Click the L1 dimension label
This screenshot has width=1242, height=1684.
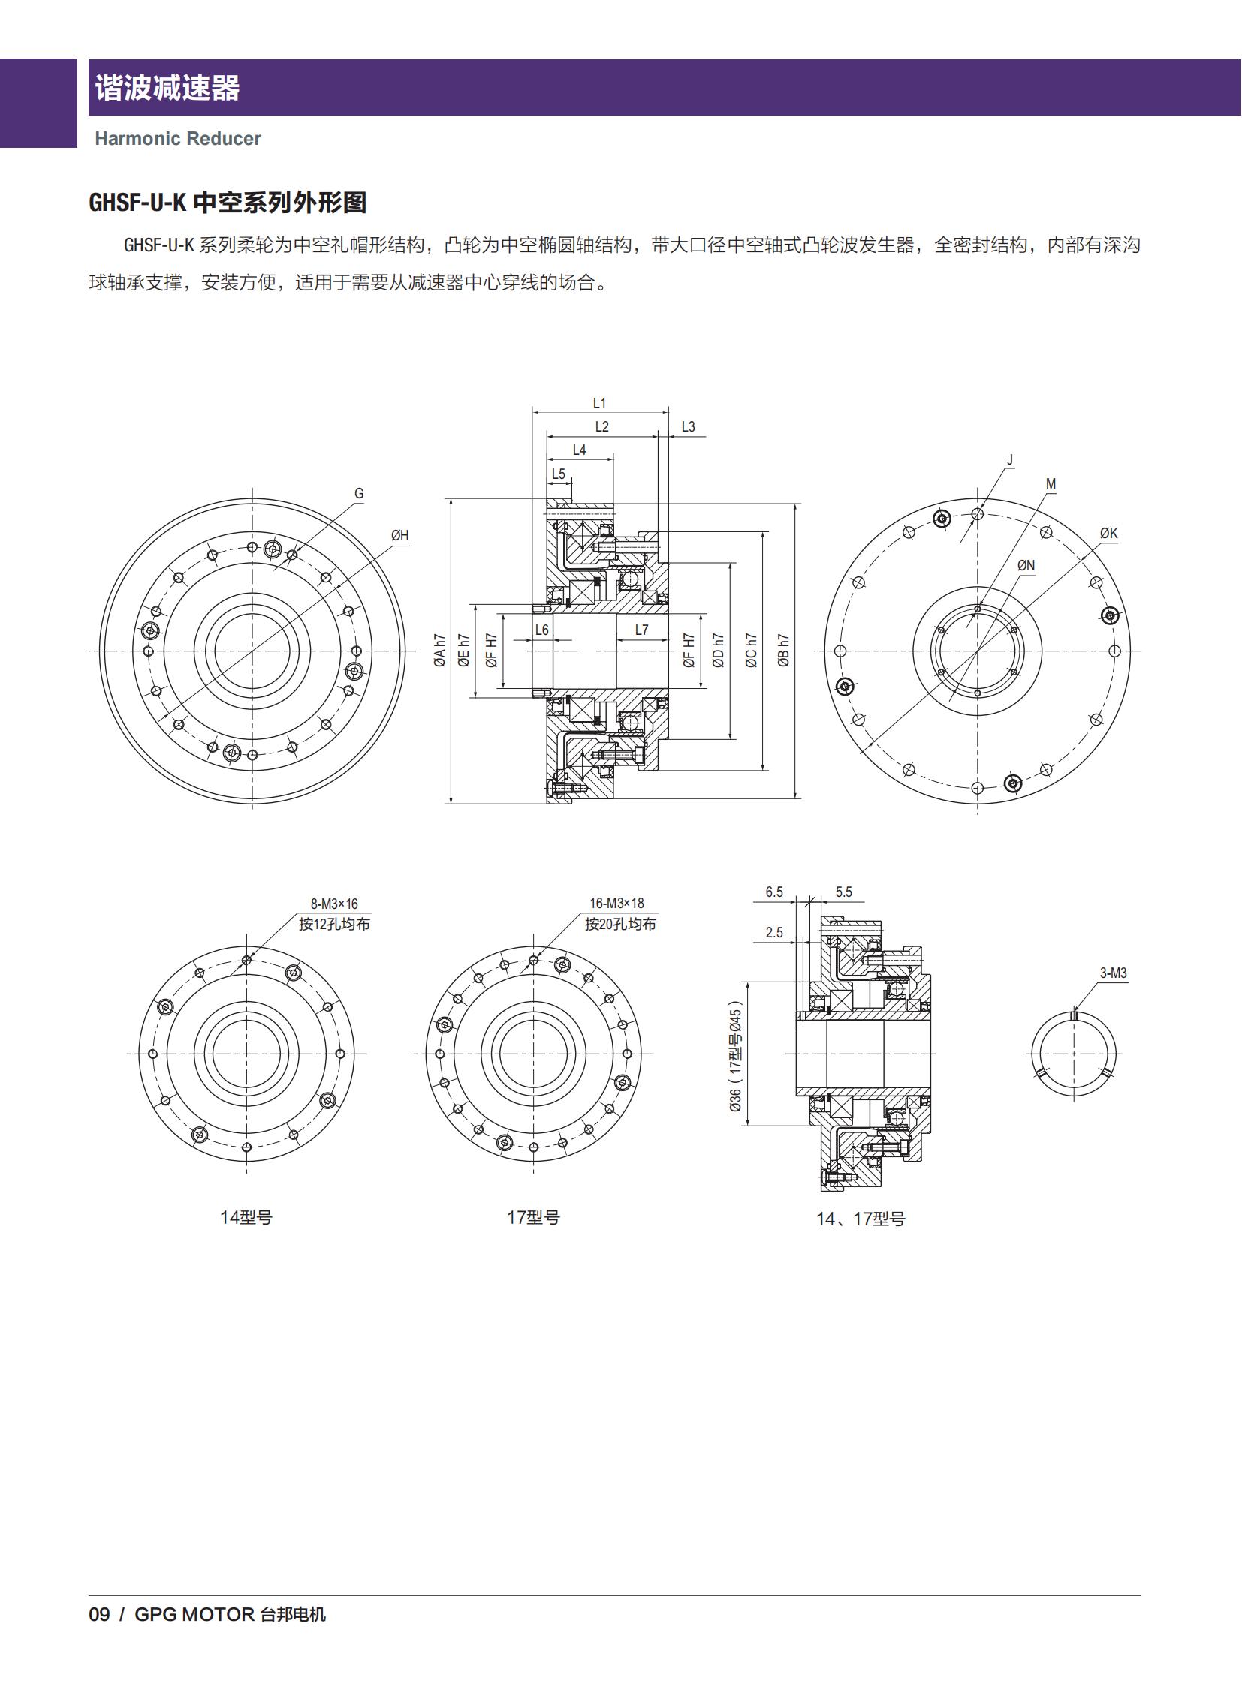599,404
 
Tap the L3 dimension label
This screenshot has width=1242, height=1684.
688,427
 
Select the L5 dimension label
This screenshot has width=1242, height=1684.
558,474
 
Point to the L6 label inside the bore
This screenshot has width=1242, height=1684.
541,630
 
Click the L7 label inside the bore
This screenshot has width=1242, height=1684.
641,630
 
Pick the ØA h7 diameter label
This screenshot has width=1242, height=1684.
440,650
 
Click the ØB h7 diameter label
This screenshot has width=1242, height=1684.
783,650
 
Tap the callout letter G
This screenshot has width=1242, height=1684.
359,494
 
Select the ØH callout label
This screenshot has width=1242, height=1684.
400,535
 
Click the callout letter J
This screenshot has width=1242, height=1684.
1010,460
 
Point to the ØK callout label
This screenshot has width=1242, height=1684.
1109,533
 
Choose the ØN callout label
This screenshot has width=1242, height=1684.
1026,565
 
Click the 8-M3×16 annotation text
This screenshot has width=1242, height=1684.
335,904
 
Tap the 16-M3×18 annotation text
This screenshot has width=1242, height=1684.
616,903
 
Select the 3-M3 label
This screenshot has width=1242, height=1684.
1114,973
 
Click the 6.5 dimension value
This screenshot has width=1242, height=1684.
773,892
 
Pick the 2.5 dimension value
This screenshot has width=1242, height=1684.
773,933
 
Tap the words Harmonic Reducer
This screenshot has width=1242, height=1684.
177,138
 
